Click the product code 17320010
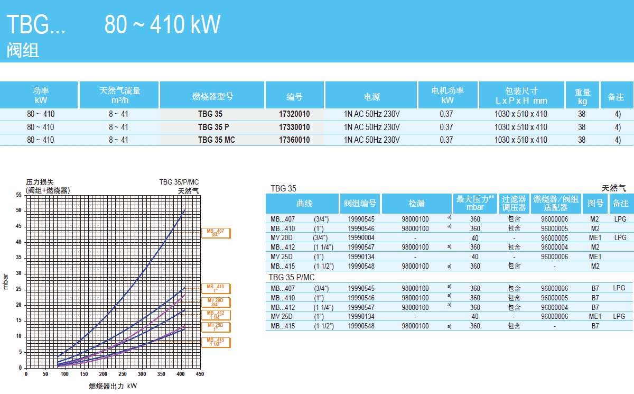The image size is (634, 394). (294, 114)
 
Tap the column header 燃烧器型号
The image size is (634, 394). (212, 96)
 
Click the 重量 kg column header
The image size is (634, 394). (582, 96)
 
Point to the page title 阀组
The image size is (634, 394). (23, 51)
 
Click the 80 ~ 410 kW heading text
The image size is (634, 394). (162, 24)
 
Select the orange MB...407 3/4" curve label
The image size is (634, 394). (216, 233)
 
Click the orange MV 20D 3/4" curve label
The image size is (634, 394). (216, 302)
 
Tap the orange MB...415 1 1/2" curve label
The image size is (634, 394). (216, 342)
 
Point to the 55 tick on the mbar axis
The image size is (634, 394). (19, 195)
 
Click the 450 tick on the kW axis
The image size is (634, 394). (200, 374)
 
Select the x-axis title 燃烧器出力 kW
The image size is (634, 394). (113, 386)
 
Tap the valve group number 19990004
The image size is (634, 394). (361, 238)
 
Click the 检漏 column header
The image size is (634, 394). (416, 203)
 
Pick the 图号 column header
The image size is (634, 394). (595, 203)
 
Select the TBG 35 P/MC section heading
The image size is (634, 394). (292, 278)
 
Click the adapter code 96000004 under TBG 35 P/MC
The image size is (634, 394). (554, 307)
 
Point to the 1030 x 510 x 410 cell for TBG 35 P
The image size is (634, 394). (520, 127)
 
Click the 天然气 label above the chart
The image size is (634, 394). (188, 191)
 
